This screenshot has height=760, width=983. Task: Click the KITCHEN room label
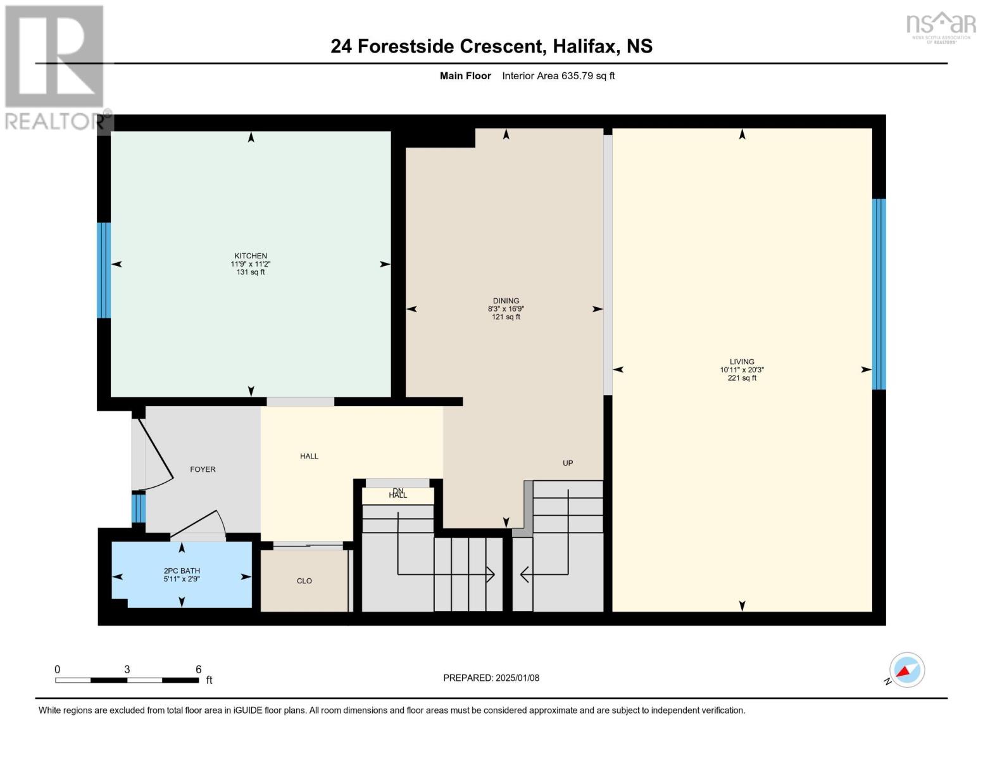250,256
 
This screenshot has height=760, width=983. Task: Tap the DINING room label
506,301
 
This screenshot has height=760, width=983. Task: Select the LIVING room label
742,362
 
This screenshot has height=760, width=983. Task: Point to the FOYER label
203,469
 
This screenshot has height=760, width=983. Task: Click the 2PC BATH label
182,571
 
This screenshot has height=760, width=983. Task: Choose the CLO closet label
304,581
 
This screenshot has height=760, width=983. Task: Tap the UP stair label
568,463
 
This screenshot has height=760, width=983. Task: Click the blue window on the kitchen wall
104,270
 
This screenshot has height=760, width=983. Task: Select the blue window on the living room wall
879,294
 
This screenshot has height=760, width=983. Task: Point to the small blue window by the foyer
139,508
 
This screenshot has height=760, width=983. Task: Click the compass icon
906,670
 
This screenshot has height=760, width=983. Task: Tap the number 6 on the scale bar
198,669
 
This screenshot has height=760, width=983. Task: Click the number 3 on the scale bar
127,669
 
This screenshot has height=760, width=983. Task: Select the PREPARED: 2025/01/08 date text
491,678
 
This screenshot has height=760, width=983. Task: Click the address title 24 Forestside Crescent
437,46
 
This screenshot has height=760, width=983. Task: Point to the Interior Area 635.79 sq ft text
558,76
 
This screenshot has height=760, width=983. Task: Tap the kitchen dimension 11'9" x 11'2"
250,264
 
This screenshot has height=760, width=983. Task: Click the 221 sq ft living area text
742,378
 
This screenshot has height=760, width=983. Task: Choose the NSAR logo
941,27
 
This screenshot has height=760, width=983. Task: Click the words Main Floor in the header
465,76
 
